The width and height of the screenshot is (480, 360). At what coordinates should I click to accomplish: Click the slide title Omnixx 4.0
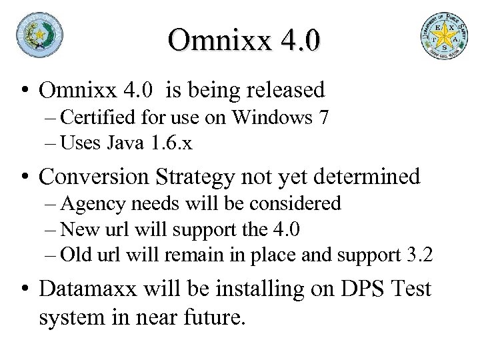(245, 39)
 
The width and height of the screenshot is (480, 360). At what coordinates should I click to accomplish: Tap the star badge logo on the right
(443, 37)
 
